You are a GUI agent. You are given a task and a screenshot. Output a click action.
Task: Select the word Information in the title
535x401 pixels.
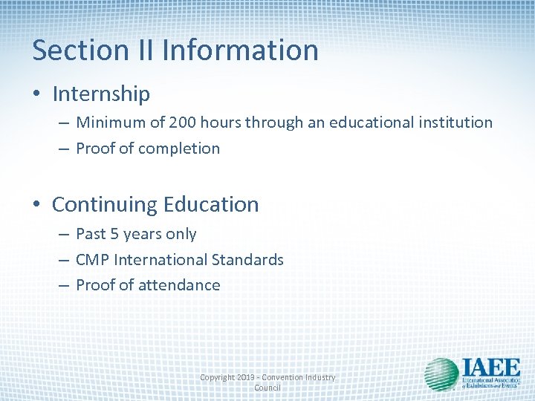click(240, 50)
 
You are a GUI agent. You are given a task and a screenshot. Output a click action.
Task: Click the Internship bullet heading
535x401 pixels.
click(101, 94)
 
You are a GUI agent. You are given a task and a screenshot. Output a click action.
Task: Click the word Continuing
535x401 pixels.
click(104, 204)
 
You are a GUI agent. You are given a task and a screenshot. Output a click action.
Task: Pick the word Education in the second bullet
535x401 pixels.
click(211, 204)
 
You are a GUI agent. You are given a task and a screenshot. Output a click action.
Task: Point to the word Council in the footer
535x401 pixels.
click(267, 388)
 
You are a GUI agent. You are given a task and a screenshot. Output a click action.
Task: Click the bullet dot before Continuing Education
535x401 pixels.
click(37, 205)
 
